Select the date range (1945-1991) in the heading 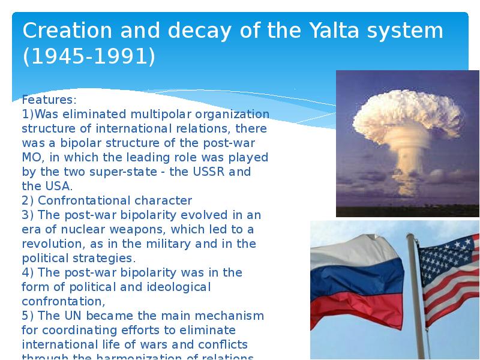coord(89,57)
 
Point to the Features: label coord(49,100)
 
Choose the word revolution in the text coord(50,244)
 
